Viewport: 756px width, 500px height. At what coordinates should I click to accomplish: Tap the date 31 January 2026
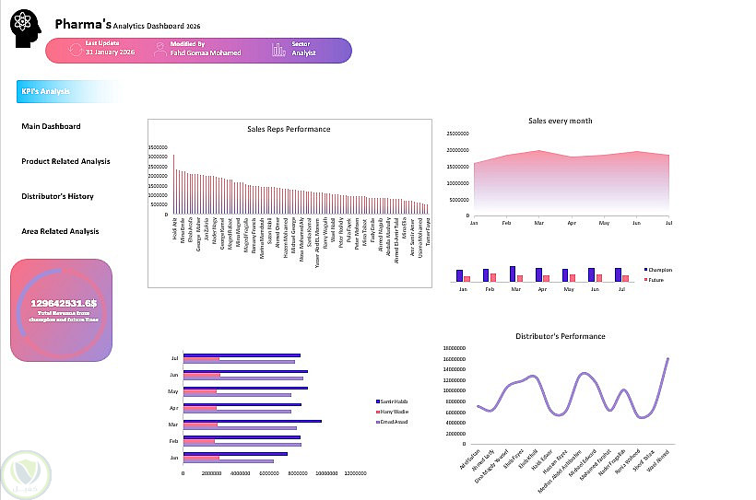112,52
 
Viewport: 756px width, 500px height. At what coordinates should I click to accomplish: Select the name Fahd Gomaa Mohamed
206,52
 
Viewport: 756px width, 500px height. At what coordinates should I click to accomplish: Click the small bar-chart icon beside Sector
278,49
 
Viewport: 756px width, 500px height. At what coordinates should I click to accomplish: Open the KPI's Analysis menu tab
46,91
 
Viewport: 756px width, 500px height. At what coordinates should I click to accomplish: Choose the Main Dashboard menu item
51,126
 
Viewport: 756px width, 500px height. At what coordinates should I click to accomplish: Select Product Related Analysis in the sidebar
65,161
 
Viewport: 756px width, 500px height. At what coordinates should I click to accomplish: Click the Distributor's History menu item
57,196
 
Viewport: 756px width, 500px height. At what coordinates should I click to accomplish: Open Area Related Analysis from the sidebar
60,231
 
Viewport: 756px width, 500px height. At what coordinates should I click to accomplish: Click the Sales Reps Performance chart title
289,129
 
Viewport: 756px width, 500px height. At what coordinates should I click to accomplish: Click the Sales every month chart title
560,121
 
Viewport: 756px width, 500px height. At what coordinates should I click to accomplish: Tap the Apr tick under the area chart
572,223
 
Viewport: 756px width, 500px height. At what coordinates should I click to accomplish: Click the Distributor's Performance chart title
560,336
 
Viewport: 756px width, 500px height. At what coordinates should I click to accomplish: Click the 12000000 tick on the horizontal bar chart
355,473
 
